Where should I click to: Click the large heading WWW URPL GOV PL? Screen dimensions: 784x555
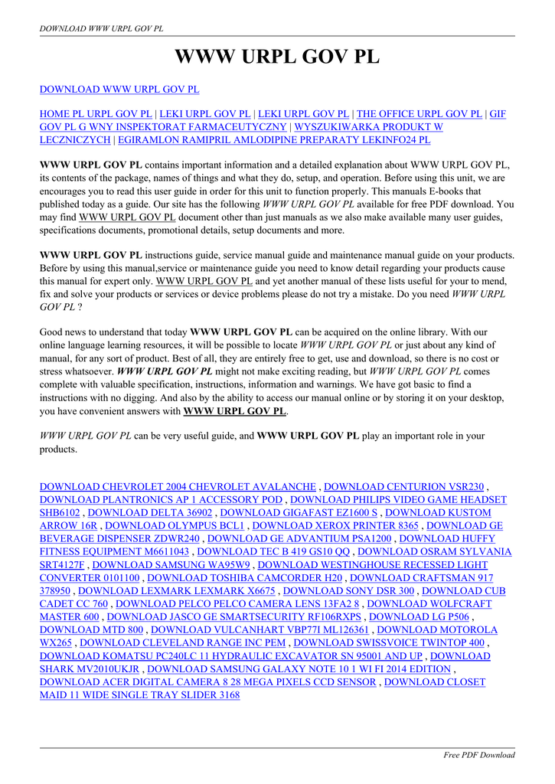tap(277, 57)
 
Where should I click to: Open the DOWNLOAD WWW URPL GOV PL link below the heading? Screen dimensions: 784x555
tap(119, 90)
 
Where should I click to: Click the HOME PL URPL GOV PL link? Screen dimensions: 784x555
tap(96, 114)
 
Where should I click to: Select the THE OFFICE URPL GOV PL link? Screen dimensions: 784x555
tap(420, 114)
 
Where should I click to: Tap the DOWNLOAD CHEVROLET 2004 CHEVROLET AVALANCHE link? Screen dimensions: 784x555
tap(178, 486)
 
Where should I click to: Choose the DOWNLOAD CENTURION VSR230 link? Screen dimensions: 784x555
tap(404, 486)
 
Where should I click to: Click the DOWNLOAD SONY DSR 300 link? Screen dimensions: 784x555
tap(348, 590)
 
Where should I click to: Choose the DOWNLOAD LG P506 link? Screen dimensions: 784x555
tap(420, 616)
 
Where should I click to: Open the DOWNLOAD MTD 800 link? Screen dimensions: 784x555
tap(91, 629)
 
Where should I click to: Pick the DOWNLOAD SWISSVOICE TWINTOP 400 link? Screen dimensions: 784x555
tap(389, 642)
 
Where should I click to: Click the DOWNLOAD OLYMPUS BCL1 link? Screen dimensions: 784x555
tap(175, 525)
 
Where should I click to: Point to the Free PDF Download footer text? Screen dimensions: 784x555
tap(479, 755)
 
